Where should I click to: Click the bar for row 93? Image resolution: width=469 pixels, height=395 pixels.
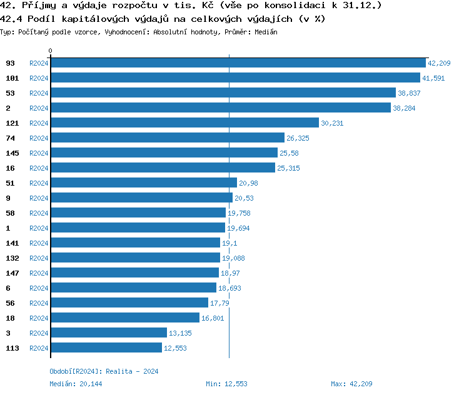[238, 63]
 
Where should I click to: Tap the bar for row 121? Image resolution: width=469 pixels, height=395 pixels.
[184, 123]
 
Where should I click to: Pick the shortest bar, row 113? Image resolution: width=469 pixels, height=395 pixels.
[106, 348]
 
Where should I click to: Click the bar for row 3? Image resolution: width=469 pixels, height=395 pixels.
[108, 333]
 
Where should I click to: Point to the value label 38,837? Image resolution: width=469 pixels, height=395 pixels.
[409, 93]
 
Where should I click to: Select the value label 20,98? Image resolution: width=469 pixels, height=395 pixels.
[248, 183]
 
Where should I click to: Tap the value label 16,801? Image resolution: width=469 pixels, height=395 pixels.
[213, 318]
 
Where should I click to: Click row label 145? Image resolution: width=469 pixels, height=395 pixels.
[12, 153]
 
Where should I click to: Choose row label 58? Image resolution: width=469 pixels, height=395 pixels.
[10, 213]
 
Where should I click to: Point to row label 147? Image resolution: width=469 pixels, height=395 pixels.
[12, 273]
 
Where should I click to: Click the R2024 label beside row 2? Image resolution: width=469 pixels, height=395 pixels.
[39, 108]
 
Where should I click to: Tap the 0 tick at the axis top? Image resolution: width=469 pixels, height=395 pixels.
[51, 51]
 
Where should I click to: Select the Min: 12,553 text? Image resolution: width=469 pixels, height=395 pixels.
[226, 384]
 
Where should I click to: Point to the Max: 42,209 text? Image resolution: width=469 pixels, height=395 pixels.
[352, 384]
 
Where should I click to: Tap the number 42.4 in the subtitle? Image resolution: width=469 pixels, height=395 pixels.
[13, 19]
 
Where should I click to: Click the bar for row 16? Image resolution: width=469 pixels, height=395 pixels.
[163, 168]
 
